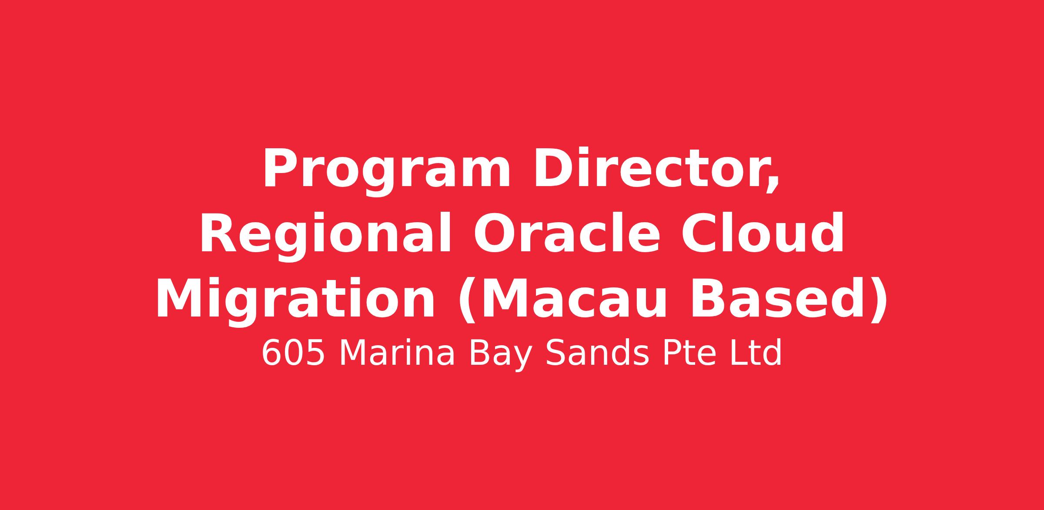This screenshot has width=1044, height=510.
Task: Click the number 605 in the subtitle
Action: point(293,353)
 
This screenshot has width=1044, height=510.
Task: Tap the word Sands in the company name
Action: point(597,353)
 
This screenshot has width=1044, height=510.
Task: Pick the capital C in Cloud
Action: point(700,233)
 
